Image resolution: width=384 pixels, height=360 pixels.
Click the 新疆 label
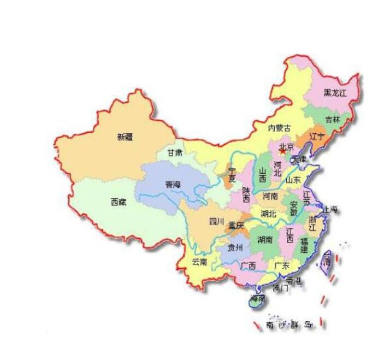(x=125, y=137)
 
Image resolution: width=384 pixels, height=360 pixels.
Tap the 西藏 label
(x=119, y=202)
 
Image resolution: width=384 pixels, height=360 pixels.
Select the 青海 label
(x=173, y=185)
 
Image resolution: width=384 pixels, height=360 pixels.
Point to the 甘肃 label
(x=175, y=153)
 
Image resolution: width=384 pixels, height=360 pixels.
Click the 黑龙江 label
(x=335, y=93)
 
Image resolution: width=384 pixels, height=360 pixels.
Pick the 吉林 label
(x=332, y=119)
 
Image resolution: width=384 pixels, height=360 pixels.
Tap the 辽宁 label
(x=317, y=135)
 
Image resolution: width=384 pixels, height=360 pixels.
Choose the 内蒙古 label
(x=279, y=128)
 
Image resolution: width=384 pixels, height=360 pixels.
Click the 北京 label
(x=287, y=146)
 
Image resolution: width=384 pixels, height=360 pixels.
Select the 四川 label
(x=216, y=221)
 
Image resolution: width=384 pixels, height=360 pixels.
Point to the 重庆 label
(x=237, y=225)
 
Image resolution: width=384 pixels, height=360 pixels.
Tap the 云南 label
(x=199, y=262)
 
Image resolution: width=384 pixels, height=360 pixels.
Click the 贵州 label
(x=235, y=247)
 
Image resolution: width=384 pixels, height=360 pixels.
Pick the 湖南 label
(x=265, y=239)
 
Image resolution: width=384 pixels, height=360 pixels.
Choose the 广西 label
(x=248, y=265)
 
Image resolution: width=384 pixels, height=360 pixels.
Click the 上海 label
(x=330, y=209)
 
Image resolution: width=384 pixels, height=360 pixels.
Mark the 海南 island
(x=257, y=299)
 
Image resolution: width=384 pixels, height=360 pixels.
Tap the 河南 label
(x=270, y=196)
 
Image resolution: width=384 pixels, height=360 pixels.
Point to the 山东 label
(x=293, y=180)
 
